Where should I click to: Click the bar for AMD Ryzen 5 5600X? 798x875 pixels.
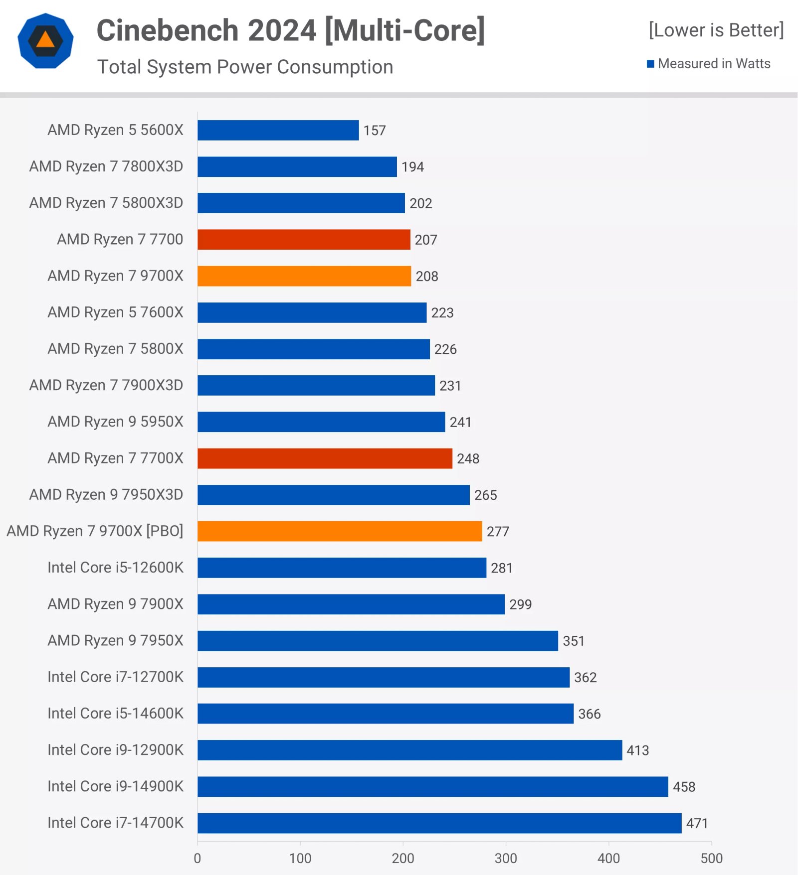pyautogui.click(x=278, y=130)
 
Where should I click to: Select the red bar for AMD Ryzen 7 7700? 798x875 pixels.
pyautogui.click(x=304, y=240)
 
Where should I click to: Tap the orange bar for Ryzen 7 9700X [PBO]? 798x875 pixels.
pyautogui.click(x=340, y=531)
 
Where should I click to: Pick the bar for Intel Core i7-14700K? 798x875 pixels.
pyautogui.click(x=439, y=823)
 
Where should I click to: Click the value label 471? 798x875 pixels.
pyautogui.click(x=697, y=823)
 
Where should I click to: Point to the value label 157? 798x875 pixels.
pyautogui.click(x=375, y=131)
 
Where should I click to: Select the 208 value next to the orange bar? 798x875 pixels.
pyautogui.click(x=427, y=277)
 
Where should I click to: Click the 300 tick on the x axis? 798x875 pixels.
pyautogui.click(x=506, y=858)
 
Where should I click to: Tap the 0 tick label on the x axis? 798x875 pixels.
pyautogui.click(x=198, y=858)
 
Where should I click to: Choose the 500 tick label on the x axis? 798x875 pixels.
pyautogui.click(x=711, y=858)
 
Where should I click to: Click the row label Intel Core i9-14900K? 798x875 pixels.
pyautogui.click(x=115, y=786)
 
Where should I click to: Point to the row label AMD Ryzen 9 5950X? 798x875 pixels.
pyautogui.click(x=115, y=422)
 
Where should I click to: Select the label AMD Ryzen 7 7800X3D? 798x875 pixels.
pyautogui.click(x=106, y=166)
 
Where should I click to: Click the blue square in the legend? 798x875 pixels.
pyautogui.click(x=650, y=64)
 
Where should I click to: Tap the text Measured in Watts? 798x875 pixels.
pyautogui.click(x=714, y=64)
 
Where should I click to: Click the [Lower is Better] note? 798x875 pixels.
pyautogui.click(x=716, y=30)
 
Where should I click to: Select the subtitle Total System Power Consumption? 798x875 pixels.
pyautogui.click(x=245, y=67)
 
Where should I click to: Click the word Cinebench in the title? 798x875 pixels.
pyautogui.click(x=168, y=30)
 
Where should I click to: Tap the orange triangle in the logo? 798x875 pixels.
pyautogui.click(x=45, y=40)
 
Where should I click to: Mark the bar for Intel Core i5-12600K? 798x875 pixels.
pyautogui.click(x=342, y=568)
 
